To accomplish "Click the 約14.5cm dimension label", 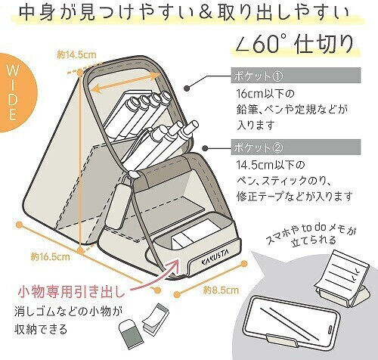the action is click(x=76, y=54).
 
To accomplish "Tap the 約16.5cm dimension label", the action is click(x=50, y=256).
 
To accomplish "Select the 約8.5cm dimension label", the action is click(x=221, y=290).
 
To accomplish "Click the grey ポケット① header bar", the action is click(x=296, y=76).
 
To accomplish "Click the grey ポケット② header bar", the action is click(x=296, y=147).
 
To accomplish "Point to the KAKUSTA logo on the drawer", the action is click(x=215, y=259).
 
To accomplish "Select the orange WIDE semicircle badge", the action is click(x=15, y=94).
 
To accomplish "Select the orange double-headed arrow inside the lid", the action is click(x=125, y=82).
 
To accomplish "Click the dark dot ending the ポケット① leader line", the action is click(x=187, y=88).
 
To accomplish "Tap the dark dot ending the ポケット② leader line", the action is click(x=206, y=148).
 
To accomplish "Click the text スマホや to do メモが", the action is click(x=311, y=232).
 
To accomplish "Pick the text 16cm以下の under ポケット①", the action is click(x=265, y=94).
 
